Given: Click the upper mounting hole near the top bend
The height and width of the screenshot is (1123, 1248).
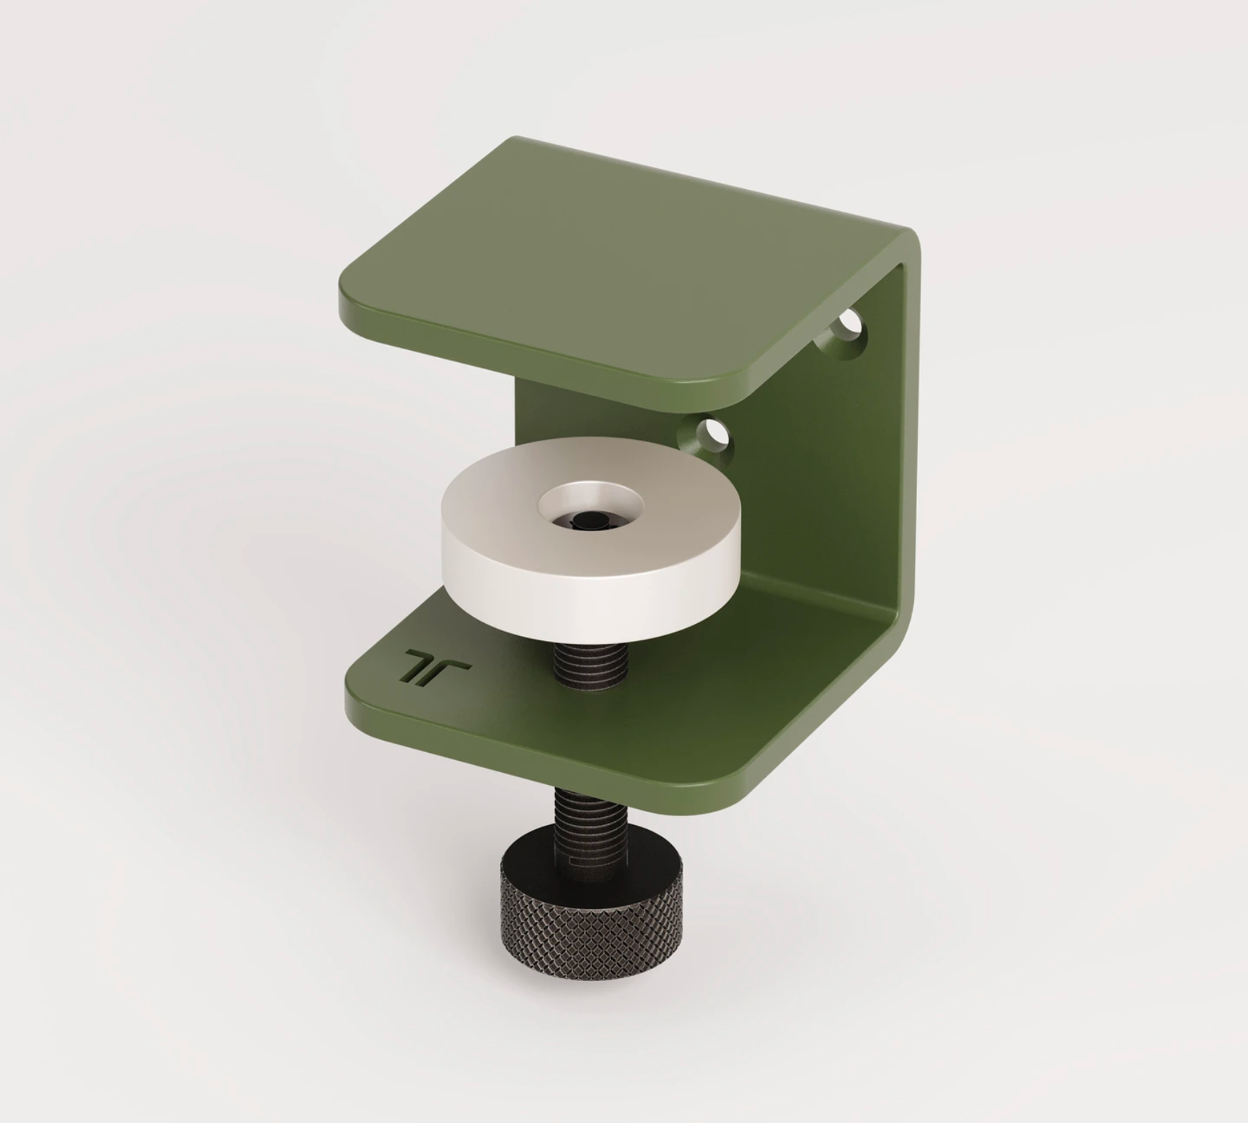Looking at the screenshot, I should tap(849, 326).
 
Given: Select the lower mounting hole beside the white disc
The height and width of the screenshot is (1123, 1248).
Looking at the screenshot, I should tap(710, 433).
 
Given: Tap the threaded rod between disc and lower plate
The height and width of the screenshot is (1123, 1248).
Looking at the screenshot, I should tap(591, 663).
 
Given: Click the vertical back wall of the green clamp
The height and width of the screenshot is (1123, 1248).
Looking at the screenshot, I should tap(820, 485).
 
